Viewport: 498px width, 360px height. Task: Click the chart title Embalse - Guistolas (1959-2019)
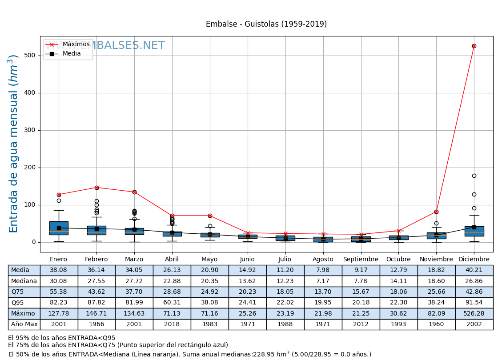[x=266, y=24]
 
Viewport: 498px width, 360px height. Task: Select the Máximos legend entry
[x=76, y=44]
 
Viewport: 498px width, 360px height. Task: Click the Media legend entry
[x=71, y=54]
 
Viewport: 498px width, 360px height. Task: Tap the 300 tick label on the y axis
[x=30, y=130]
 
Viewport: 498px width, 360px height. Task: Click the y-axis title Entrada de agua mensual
[x=14, y=143]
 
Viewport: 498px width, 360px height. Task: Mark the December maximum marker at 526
[x=474, y=46]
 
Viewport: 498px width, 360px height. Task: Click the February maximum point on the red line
[x=96, y=188]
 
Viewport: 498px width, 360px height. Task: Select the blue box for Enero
[x=59, y=228]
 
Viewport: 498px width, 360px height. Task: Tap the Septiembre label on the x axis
[x=361, y=259]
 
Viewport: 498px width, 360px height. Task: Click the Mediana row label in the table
[x=24, y=281]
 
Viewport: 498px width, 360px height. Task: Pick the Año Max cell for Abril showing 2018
[x=172, y=324]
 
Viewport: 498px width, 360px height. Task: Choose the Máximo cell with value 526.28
[x=474, y=313]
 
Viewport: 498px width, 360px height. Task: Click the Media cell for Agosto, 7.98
[x=323, y=270]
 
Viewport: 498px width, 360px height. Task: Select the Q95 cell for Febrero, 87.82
[x=96, y=303]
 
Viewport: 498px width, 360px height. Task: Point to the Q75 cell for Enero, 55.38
[x=59, y=292]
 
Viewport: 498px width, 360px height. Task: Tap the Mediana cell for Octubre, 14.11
[x=398, y=281]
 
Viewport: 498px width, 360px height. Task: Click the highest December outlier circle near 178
[x=474, y=176]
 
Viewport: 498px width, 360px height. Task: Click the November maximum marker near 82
[x=436, y=212]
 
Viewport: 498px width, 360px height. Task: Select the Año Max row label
[x=24, y=324]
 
